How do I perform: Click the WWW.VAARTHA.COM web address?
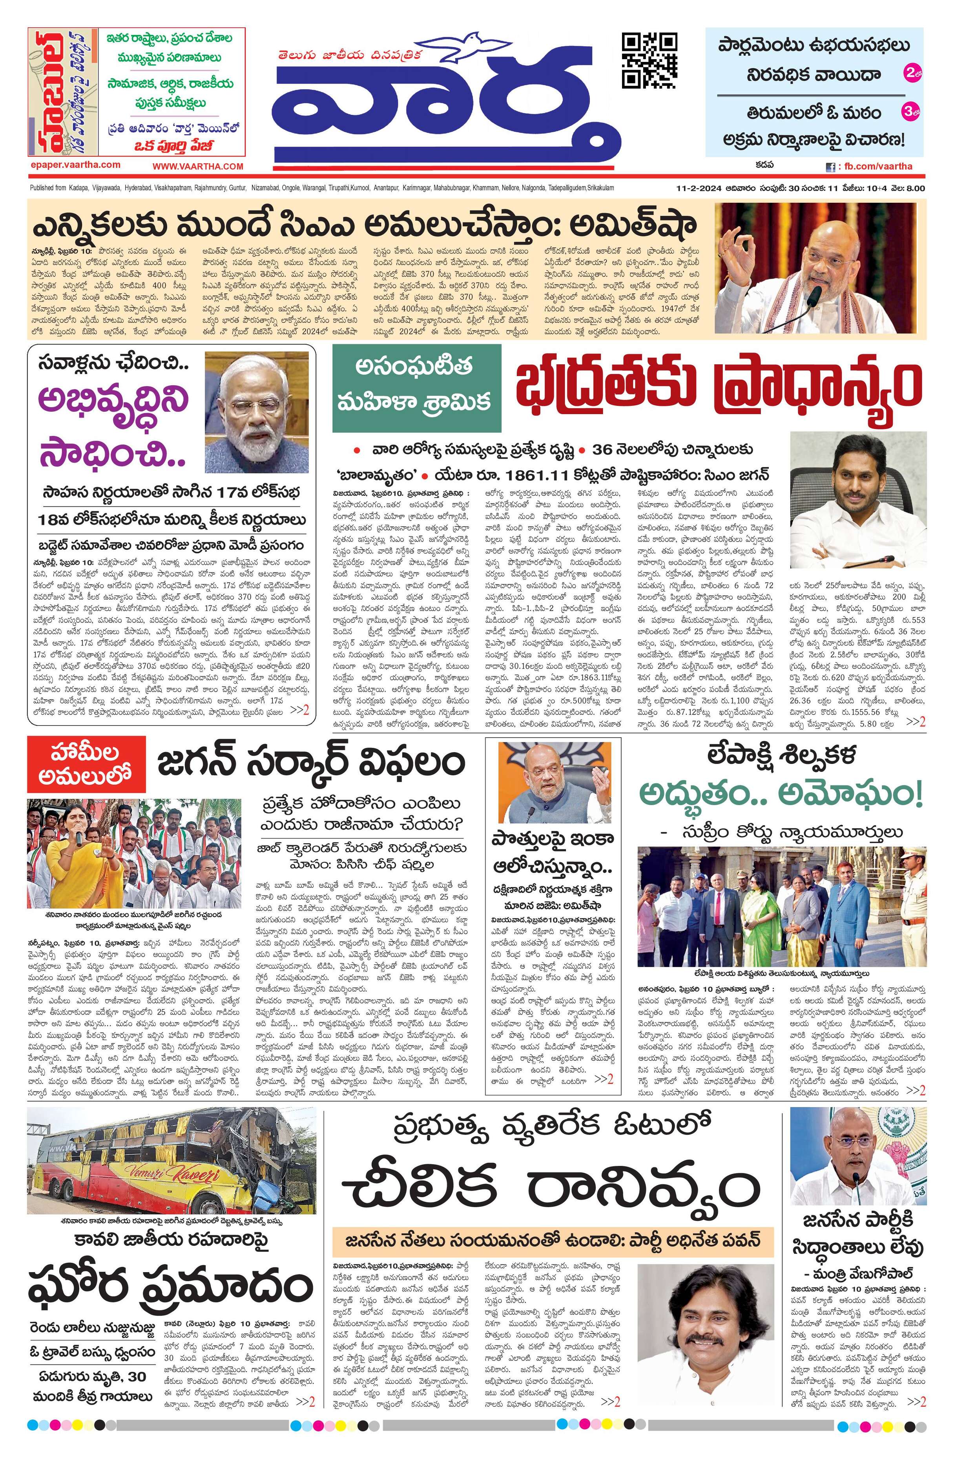pos(198,166)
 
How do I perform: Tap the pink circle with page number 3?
pos(910,112)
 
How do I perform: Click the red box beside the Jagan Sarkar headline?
pos(87,764)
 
